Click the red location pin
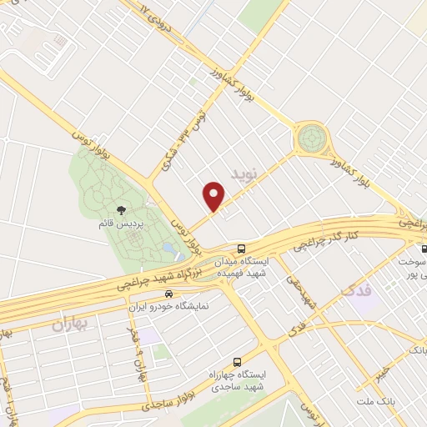click(214, 196)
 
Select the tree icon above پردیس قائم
click(121, 211)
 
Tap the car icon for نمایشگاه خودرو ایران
click(169, 294)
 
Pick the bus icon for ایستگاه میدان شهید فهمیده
click(241, 249)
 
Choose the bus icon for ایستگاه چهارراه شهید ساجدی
click(238, 362)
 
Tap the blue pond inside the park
click(170, 248)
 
